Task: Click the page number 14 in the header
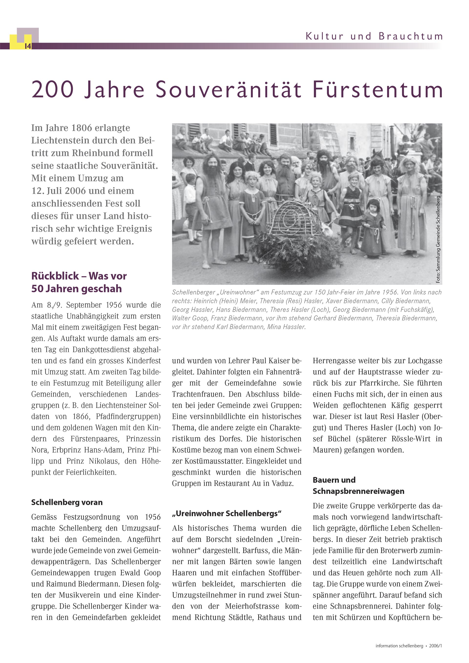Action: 28,46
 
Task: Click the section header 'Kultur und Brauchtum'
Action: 374,37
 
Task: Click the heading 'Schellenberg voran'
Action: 67,502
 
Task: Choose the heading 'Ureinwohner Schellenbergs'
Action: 227,513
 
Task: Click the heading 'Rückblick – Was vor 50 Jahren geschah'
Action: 79,282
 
